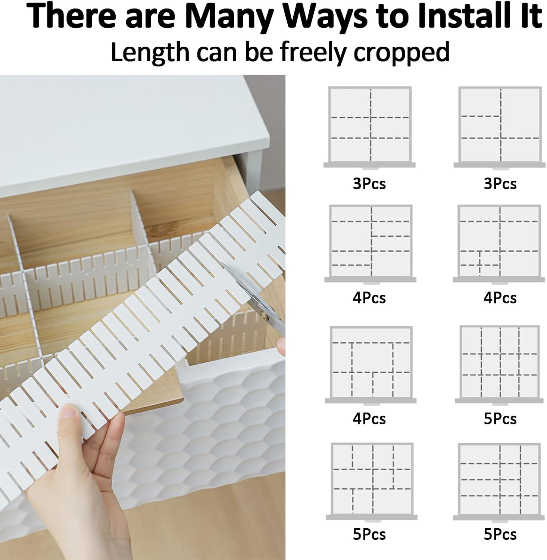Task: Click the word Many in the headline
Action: [x=229, y=16]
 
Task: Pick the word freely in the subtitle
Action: [x=314, y=53]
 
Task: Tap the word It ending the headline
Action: [x=528, y=16]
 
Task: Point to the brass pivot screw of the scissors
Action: [x=266, y=316]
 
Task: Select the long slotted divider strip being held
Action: [x=142, y=317]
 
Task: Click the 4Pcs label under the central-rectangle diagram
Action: [x=369, y=419]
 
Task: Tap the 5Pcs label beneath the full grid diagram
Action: [x=500, y=419]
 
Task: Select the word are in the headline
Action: [x=151, y=18]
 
